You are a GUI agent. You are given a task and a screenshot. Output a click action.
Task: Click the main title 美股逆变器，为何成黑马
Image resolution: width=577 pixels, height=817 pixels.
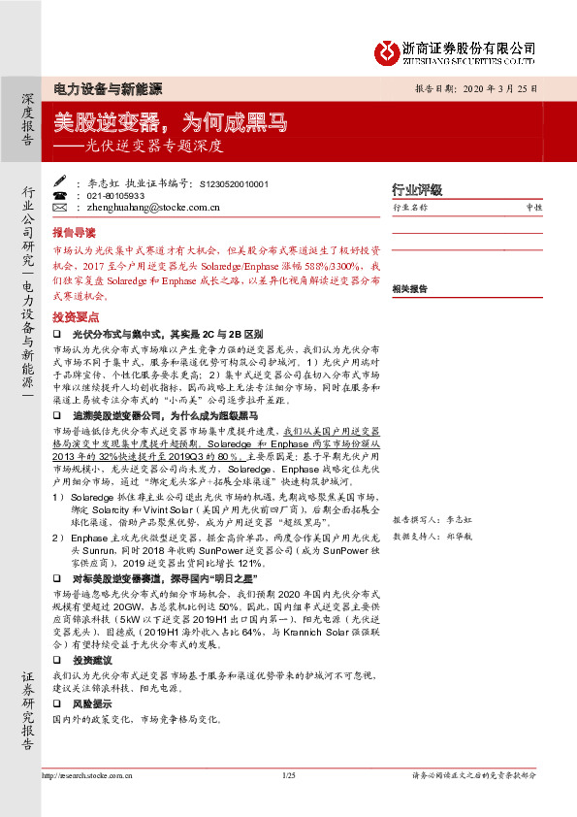[171, 122]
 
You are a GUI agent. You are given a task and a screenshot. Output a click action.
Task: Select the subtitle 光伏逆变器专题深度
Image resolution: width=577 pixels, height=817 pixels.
[156, 147]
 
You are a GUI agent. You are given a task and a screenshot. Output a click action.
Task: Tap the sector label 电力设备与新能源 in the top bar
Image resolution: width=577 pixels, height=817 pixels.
[106, 89]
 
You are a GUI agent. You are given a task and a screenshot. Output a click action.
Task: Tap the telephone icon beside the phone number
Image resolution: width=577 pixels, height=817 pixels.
[59, 195]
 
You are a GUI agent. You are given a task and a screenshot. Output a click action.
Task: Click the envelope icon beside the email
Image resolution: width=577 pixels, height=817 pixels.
[59, 207]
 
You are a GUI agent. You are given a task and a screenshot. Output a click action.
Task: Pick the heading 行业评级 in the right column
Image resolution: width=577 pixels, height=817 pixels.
[416, 189]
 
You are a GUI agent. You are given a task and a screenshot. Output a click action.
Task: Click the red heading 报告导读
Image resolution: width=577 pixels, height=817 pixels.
[75, 233]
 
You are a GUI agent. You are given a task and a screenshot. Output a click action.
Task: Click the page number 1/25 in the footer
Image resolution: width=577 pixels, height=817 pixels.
[288, 775]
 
